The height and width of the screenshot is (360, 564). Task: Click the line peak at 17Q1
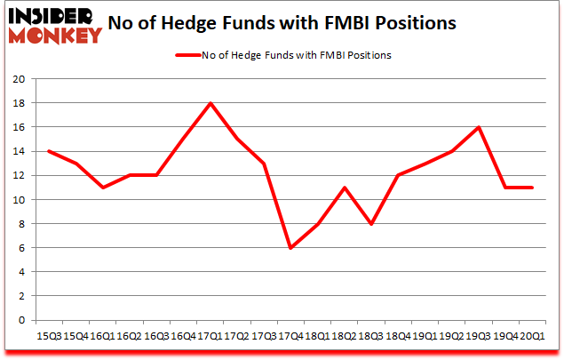pos(211,103)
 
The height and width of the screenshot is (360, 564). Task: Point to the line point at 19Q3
pos(481,127)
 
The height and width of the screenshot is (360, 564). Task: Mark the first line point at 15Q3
pos(49,151)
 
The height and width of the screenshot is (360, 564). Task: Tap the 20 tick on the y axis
pos(19,79)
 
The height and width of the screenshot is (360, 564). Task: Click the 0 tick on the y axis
pos(22,321)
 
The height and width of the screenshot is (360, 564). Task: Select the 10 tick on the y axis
pos(19,200)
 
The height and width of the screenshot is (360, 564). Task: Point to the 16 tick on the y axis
pos(19,127)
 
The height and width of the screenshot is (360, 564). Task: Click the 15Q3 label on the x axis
pos(49,336)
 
